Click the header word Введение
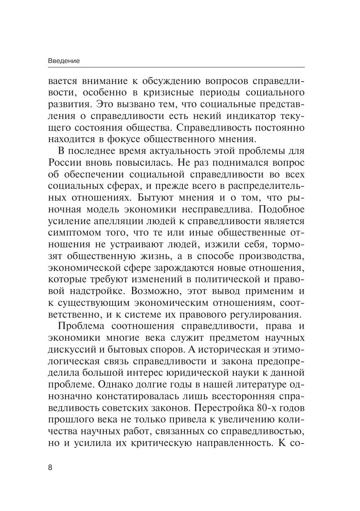pos(64,61)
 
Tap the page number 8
pos(50,467)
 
